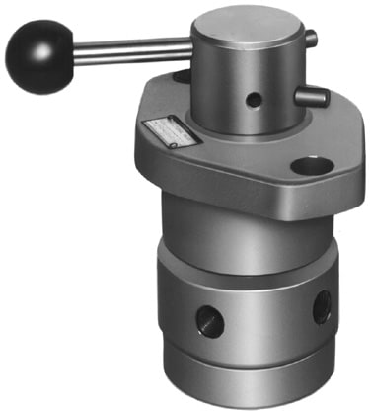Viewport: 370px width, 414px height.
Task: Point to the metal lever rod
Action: [128, 48]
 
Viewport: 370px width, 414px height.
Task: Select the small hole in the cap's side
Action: [255, 100]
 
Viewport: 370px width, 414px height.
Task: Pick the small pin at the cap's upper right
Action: [311, 40]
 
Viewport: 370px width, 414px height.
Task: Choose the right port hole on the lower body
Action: [322, 307]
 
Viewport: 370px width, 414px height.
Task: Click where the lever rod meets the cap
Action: [191, 45]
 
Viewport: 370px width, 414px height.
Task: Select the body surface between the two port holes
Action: [266, 316]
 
